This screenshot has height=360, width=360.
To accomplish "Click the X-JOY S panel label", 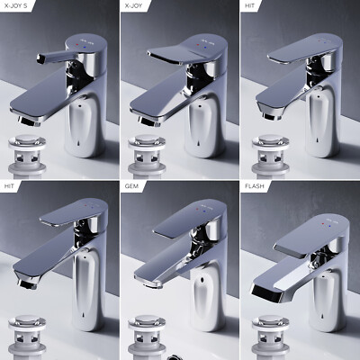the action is click(x=16, y=5).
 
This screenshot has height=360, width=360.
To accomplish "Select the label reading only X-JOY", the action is click(x=133, y=5).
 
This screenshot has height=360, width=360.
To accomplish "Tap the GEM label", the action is click(x=131, y=186).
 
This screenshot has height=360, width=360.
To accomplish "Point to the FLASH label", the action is click(x=255, y=186).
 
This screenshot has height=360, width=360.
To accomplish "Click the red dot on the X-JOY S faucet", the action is click(x=77, y=44).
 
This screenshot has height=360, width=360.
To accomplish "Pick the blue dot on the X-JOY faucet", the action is click(x=204, y=48).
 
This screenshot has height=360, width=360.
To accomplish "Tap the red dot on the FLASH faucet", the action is click(x=323, y=223).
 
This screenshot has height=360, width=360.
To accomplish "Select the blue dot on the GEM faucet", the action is click(x=204, y=211).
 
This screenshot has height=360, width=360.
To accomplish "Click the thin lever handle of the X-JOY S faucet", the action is click(x=57, y=56).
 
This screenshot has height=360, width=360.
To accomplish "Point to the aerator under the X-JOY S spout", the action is click(x=28, y=121).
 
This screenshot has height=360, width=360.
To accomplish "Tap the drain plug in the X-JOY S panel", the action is click(x=27, y=156).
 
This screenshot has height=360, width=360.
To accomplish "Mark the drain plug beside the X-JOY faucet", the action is click(x=147, y=156).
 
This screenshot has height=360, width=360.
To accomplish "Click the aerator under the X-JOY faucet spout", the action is click(x=148, y=121).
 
